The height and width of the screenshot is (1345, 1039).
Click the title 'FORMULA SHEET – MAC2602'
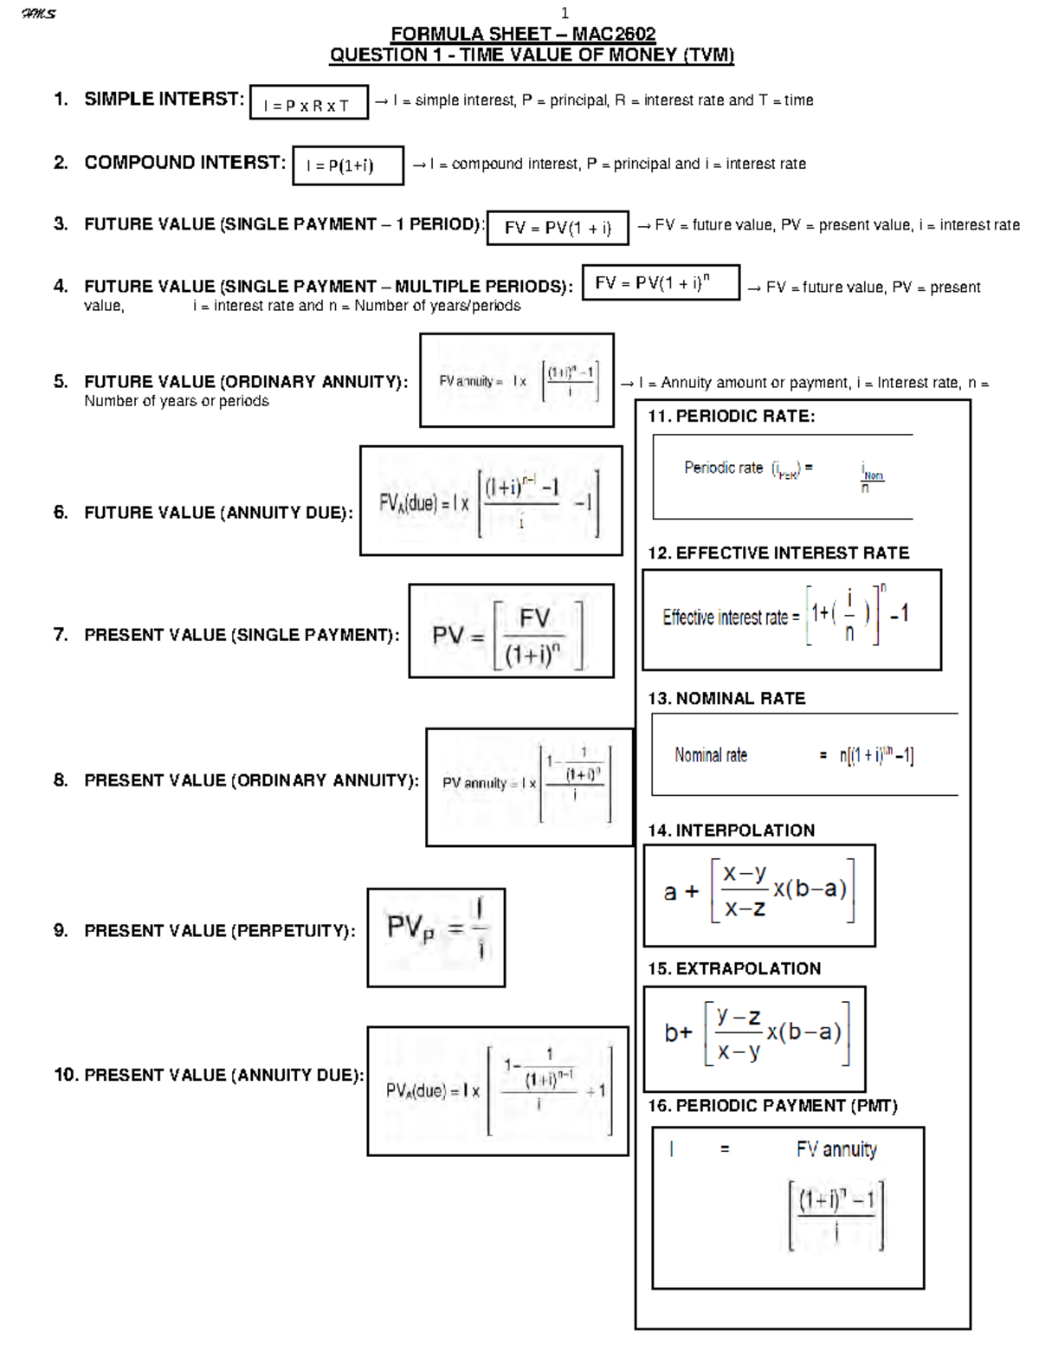pos(523,34)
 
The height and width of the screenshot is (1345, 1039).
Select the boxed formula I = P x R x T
pos(308,102)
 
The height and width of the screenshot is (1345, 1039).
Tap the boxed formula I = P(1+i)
pos(347,165)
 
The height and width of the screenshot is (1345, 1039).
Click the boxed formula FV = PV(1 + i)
pos(558,228)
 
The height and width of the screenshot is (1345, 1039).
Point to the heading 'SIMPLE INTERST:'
pos(164,99)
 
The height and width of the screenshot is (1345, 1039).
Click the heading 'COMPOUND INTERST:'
pos(184,163)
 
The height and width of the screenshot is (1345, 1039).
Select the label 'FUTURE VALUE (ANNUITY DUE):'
pos(218,513)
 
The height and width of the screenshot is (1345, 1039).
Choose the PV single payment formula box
pos(511,631)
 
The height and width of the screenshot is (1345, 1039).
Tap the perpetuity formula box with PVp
pos(436,937)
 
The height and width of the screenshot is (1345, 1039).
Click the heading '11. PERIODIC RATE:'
pos(732,416)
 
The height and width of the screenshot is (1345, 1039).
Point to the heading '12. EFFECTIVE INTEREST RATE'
pos(778,553)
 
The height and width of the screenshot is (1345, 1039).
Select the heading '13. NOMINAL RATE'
pos(726,698)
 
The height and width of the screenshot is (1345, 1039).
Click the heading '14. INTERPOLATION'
pos(732,831)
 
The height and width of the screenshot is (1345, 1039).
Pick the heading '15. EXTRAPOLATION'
pos(734,968)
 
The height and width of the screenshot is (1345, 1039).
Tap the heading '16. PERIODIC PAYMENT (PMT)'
pos(772,1106)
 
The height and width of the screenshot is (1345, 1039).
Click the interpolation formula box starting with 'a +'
pos(759,896)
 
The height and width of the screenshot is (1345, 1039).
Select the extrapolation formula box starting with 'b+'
pos(754,1038)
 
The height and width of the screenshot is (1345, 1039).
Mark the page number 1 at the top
pos(565,13)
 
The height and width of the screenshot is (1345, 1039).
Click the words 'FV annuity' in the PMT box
pos(836,1149)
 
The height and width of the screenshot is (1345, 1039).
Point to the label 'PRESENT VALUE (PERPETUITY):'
pos(219,931)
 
